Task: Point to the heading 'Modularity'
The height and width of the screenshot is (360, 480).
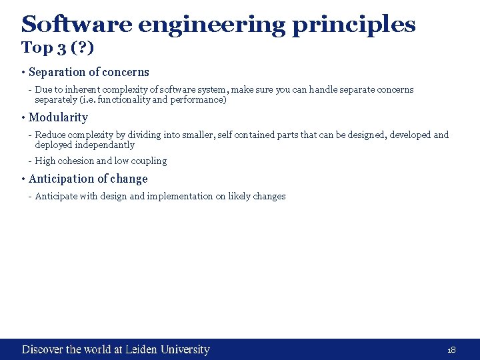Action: (58, 117)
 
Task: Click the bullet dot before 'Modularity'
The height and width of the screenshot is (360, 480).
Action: (23, 118)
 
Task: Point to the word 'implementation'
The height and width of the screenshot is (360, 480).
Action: (179, 196)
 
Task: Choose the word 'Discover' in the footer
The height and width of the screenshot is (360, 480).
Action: (43, 349)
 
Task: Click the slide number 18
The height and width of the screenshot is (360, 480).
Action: (451, 350)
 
